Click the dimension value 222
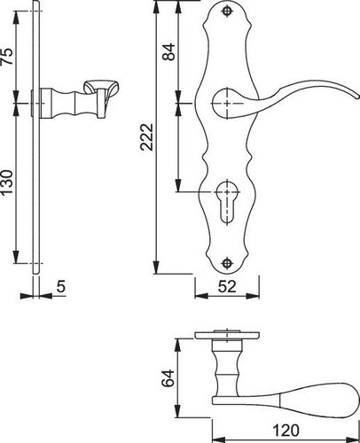tap(147, 137)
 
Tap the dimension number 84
tap(169, 52)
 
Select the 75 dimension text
tap(7, 56)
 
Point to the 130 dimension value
tap(7, 182)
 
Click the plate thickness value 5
tap(61, 286)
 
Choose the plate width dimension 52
tap(227, 286)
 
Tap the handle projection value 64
tap(168, 377)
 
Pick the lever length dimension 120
tap(286, 431)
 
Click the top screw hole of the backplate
tap(227, 12)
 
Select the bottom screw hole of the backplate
tap(227, 263)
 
